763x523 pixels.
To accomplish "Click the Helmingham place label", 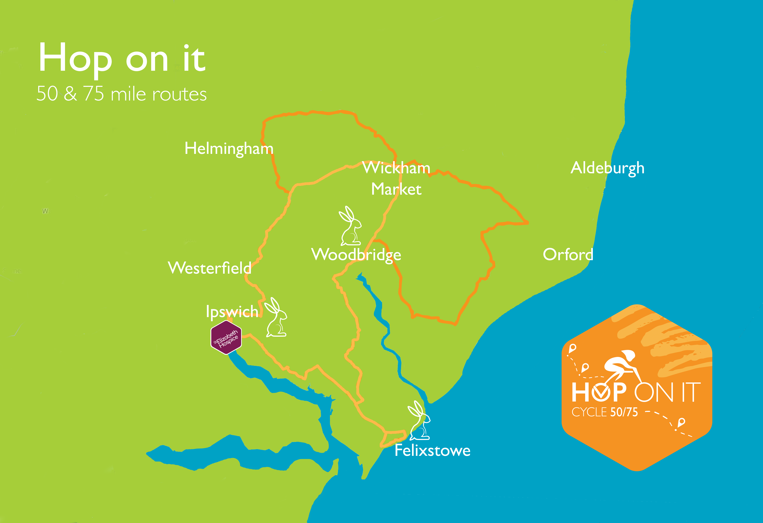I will [229, 149].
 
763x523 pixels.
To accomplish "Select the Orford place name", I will [568, 254].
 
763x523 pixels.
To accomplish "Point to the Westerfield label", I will [209, 268].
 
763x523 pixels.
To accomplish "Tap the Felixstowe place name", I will [432, 450].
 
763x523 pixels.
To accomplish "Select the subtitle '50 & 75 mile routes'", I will [121, 94].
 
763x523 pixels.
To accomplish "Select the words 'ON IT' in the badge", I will [667, 392].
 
